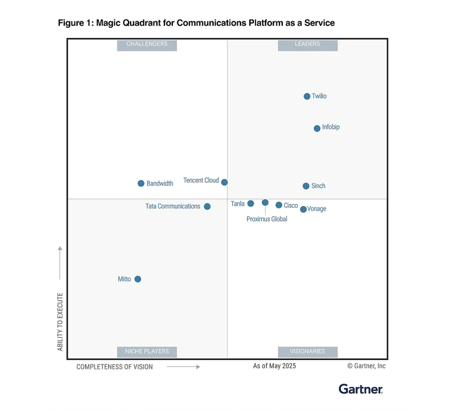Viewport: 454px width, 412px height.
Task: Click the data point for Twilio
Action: [x=307, y=96]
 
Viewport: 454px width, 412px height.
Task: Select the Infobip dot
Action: [x=317, y=128]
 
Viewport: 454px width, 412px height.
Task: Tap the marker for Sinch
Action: [x=306, y=186]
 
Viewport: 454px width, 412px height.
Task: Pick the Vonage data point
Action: [x=303, y=210]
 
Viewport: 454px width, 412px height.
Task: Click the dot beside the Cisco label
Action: [x=279, y=205]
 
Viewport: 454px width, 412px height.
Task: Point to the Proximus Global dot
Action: [x=265, y=202]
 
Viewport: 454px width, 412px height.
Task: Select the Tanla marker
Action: [x=251, y=203]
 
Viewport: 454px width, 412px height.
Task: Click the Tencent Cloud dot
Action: [x=224, y=182]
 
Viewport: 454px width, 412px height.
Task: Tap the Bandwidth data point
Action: [x=141, y=184]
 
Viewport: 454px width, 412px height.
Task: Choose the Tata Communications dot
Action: [x=207, y=206]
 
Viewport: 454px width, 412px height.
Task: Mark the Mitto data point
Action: [x=138, y=279]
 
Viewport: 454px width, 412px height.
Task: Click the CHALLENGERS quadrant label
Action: [x=147, y=44]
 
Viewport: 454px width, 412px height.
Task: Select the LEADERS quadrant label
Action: [x=308, y=44]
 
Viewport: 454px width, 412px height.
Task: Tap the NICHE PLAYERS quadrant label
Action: [x=147, y=352]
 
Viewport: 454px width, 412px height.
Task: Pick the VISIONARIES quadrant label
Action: [x=308, y=352]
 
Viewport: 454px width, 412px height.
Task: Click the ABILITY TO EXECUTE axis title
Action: [x=60, y=322]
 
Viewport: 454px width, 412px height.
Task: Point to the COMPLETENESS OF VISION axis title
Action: [x=114, y=367]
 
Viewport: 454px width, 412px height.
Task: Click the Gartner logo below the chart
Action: [x=361, y=389]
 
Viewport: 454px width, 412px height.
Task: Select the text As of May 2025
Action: [x=274, y=366]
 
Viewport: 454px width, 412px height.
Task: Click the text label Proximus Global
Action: [x=267, y=219]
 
